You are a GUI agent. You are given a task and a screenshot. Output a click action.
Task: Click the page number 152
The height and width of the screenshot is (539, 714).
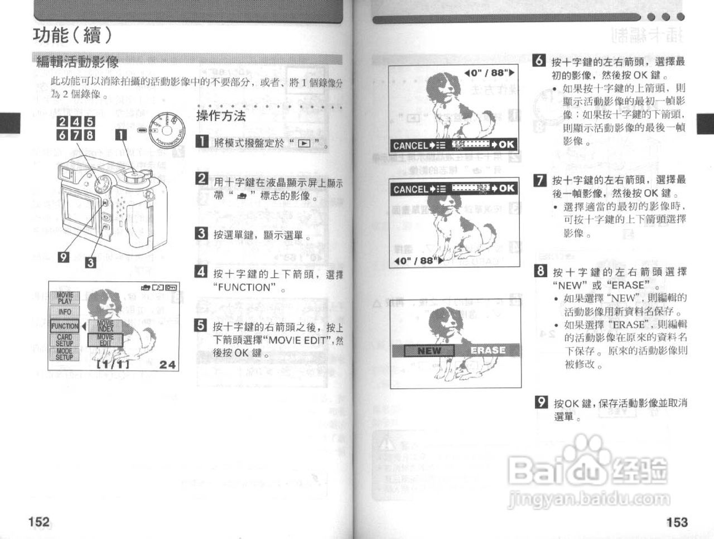(x=39, y=522)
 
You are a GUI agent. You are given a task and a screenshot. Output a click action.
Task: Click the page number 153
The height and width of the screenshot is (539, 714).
(x=677, y=522)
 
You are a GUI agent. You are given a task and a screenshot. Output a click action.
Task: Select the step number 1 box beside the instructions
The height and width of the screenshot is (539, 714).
(x=202, y=141)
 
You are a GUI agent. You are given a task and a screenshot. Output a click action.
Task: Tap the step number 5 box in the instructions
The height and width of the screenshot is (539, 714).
(x=201, y=326)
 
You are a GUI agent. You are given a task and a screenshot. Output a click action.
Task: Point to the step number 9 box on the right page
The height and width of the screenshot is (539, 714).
(x=541, y=402)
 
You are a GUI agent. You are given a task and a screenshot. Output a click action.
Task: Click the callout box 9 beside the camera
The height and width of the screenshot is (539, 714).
(x=64, y=256)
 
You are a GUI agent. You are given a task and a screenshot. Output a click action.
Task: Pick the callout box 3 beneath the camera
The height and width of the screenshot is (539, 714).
(x=90, y=262)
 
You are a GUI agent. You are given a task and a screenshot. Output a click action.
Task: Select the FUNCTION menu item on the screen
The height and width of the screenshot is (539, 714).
(x=65, y=326)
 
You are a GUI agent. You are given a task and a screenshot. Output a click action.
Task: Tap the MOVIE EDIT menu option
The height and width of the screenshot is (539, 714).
(x=105, y=340)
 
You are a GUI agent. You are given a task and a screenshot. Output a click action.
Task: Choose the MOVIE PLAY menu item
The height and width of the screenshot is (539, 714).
(x=65, y=298)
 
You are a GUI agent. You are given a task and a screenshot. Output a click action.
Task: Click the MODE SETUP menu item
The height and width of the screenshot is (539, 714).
(x=65, y=354)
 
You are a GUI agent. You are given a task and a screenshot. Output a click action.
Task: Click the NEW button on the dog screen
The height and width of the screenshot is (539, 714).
(x=429, y=350)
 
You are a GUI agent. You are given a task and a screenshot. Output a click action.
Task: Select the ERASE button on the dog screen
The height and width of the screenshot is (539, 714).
(x=488, y=350)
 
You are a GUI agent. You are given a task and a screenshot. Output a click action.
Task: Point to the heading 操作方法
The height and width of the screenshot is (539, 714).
(x=221, y=116)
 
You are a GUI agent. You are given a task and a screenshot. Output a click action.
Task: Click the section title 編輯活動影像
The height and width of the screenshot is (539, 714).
(x=78, y=61)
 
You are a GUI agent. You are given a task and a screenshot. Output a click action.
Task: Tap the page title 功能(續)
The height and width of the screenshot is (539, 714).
(x=73, y=35)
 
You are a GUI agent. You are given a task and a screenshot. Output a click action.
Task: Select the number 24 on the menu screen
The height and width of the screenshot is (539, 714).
(x=167, y=364)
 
